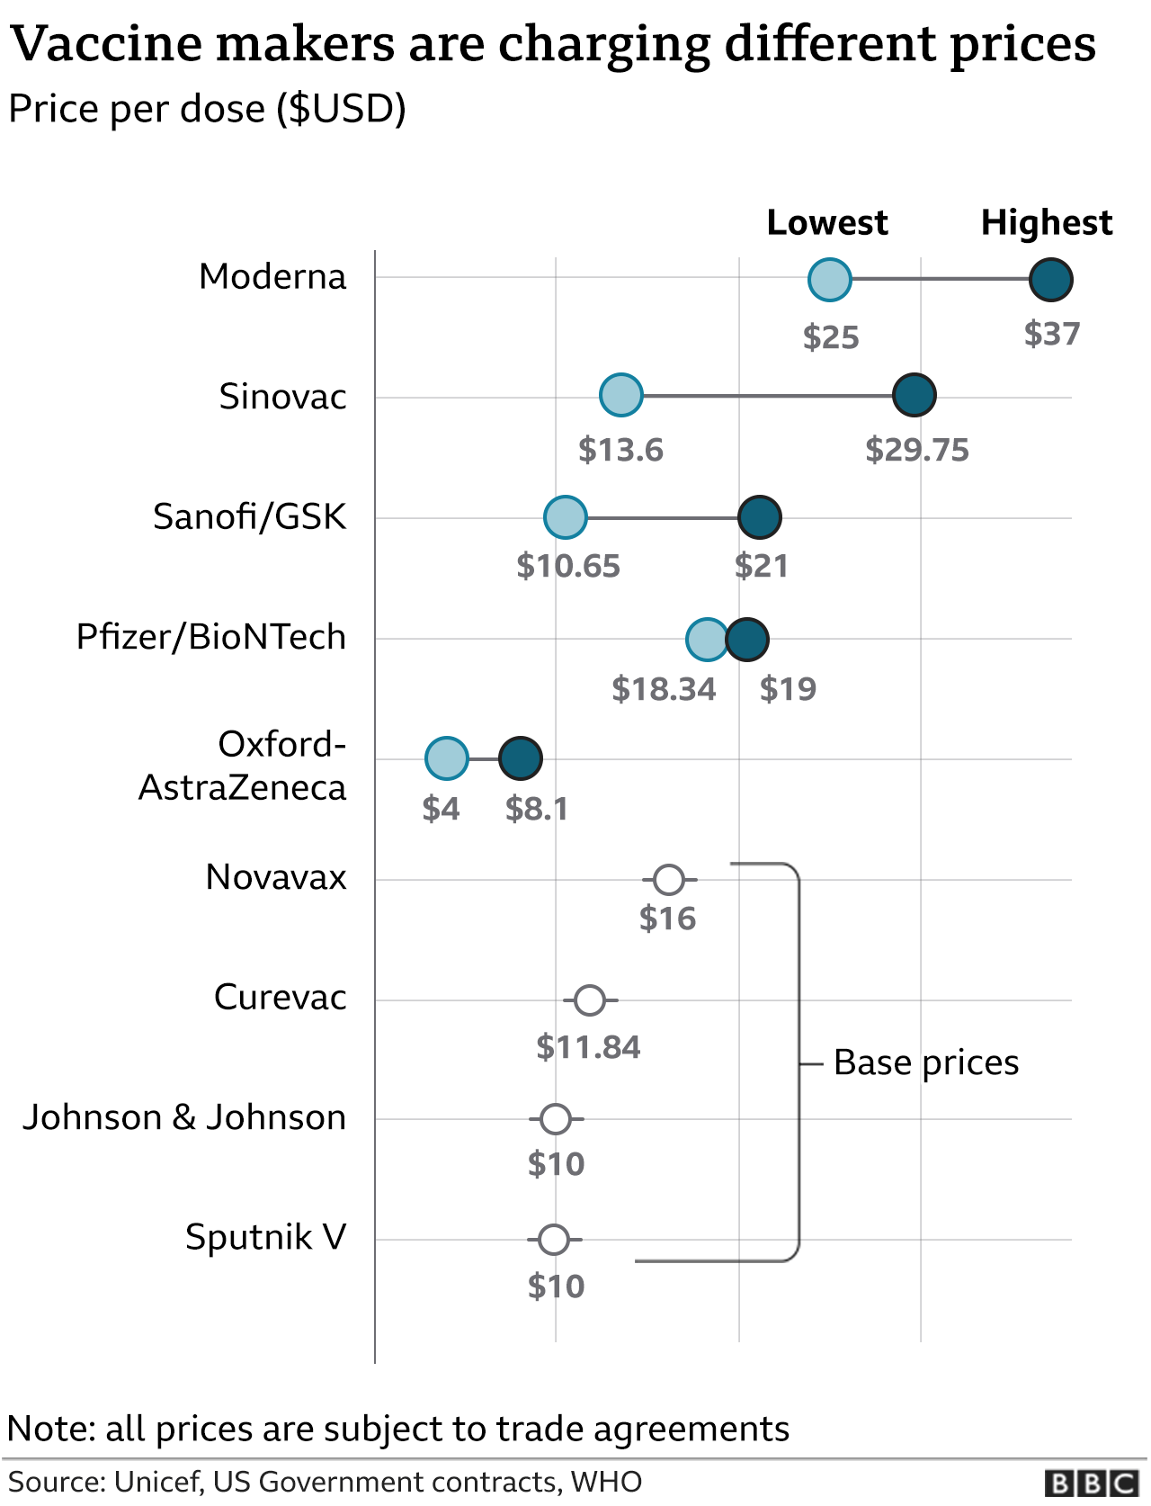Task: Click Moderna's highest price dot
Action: (1050, 279)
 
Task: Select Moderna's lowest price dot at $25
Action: (829, 279)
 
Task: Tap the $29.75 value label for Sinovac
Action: (916, 450)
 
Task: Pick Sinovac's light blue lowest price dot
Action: (620, 395)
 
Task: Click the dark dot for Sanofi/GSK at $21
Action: (759, 517)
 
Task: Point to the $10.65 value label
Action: (568, 566)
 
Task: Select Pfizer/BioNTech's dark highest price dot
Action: (746, 640)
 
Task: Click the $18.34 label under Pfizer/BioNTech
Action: (664, 689)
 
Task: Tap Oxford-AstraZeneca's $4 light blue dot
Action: (447, 758)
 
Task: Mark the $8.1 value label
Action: (537, 809)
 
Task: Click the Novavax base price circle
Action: (668, 880)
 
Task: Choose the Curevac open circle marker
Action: (590, 1000)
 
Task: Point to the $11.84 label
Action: (588, 1047)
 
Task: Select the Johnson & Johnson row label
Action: (184, 1117)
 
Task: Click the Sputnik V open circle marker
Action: (554, 1240)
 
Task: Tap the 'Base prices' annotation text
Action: (925, 1062)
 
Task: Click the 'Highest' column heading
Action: (1046, 222)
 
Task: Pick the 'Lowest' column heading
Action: (826, 222)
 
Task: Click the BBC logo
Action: (1093, 1483)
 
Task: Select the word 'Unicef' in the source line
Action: (157, 1482)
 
